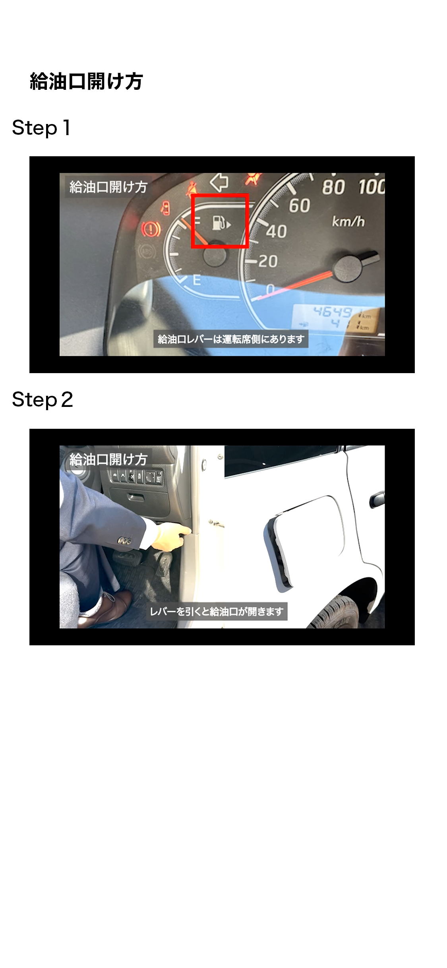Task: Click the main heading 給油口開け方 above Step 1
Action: coord(86,81)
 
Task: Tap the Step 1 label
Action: coord(41,128)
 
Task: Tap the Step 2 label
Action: coord(43,400)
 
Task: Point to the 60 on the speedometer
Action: coord(300,206)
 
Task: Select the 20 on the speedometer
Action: coord(267,261)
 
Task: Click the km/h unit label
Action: coord(348,221)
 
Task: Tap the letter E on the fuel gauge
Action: coord(197,280)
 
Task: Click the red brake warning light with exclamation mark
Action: coord(151,229)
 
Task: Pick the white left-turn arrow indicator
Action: coord(219,182)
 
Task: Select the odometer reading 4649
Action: coord(333,312)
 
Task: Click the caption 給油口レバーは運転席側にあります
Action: coord(231,339)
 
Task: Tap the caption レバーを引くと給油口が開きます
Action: coord(217,611)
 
